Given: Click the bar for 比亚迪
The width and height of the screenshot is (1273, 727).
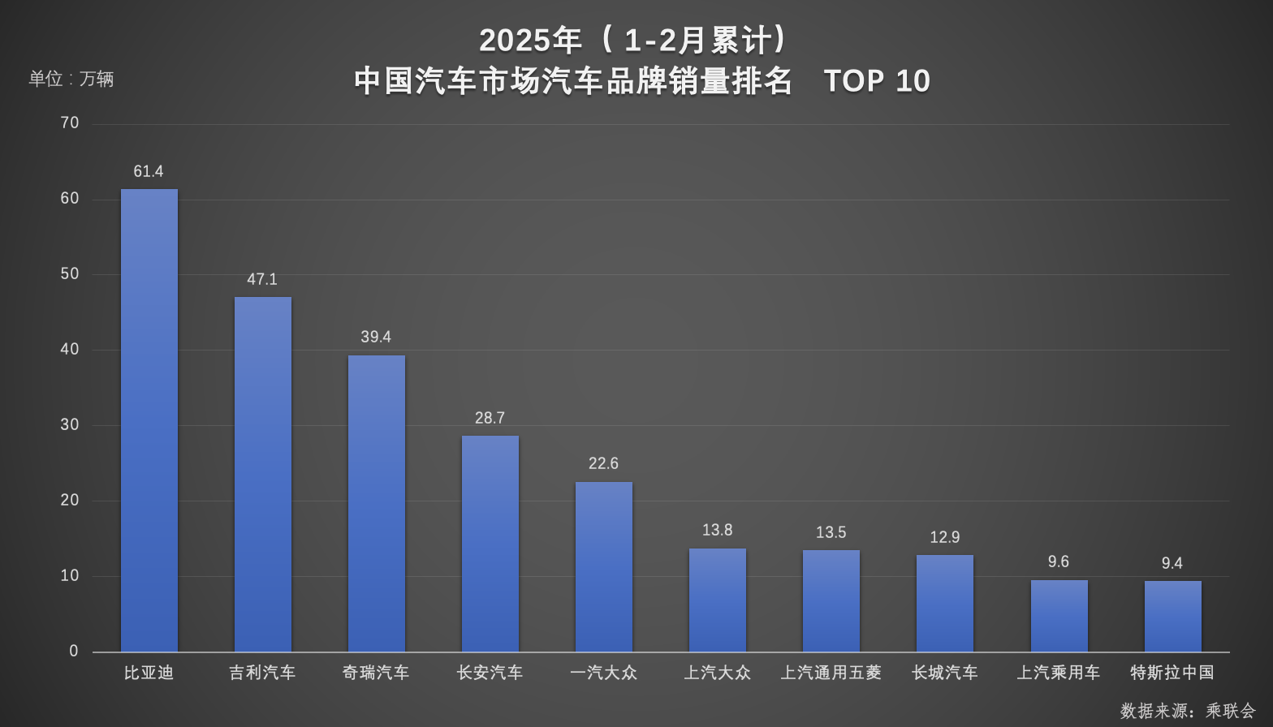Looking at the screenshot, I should [x=149, y=420].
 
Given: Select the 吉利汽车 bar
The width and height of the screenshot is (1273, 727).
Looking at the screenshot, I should [x=263, y=474].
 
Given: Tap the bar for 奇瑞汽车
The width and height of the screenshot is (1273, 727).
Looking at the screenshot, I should [x=377, y=503].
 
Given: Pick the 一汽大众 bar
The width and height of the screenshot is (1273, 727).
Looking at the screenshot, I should [x=604, y=566].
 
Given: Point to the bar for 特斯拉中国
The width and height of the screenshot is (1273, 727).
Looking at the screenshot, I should [x=1172, y=616].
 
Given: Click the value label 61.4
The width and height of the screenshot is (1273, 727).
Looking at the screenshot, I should [x=149, y=171].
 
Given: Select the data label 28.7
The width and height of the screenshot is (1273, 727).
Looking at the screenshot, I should [x=490, y=418].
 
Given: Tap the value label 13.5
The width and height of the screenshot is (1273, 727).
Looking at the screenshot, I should [x=831, y=532].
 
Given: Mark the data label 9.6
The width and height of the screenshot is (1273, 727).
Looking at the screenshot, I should [x=1058, y=561].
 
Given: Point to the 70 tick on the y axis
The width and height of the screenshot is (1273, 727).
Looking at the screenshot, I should [x=70, y=123].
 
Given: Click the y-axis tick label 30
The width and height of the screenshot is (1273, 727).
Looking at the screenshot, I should [x=70, y=424].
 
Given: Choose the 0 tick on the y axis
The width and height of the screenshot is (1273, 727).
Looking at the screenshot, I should [x=74, y=651].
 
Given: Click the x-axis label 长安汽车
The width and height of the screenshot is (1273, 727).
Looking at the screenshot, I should [x=490, y=673].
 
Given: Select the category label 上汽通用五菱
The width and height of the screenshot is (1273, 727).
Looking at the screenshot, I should [x=831, y=673].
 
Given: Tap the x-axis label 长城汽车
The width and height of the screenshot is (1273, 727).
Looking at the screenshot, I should [x=944, y=673].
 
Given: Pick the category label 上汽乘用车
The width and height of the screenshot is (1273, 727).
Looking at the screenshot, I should [x=1058, y=673].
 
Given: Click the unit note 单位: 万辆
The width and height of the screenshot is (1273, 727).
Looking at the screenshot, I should [x=71, y=79].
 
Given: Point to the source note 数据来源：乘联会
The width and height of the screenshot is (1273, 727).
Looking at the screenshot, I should [x=1188, y=711].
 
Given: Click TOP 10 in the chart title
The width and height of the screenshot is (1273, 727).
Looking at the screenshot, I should [x=877, y=81].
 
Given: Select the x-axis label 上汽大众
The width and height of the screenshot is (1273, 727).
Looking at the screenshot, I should [x=717, y=673].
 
